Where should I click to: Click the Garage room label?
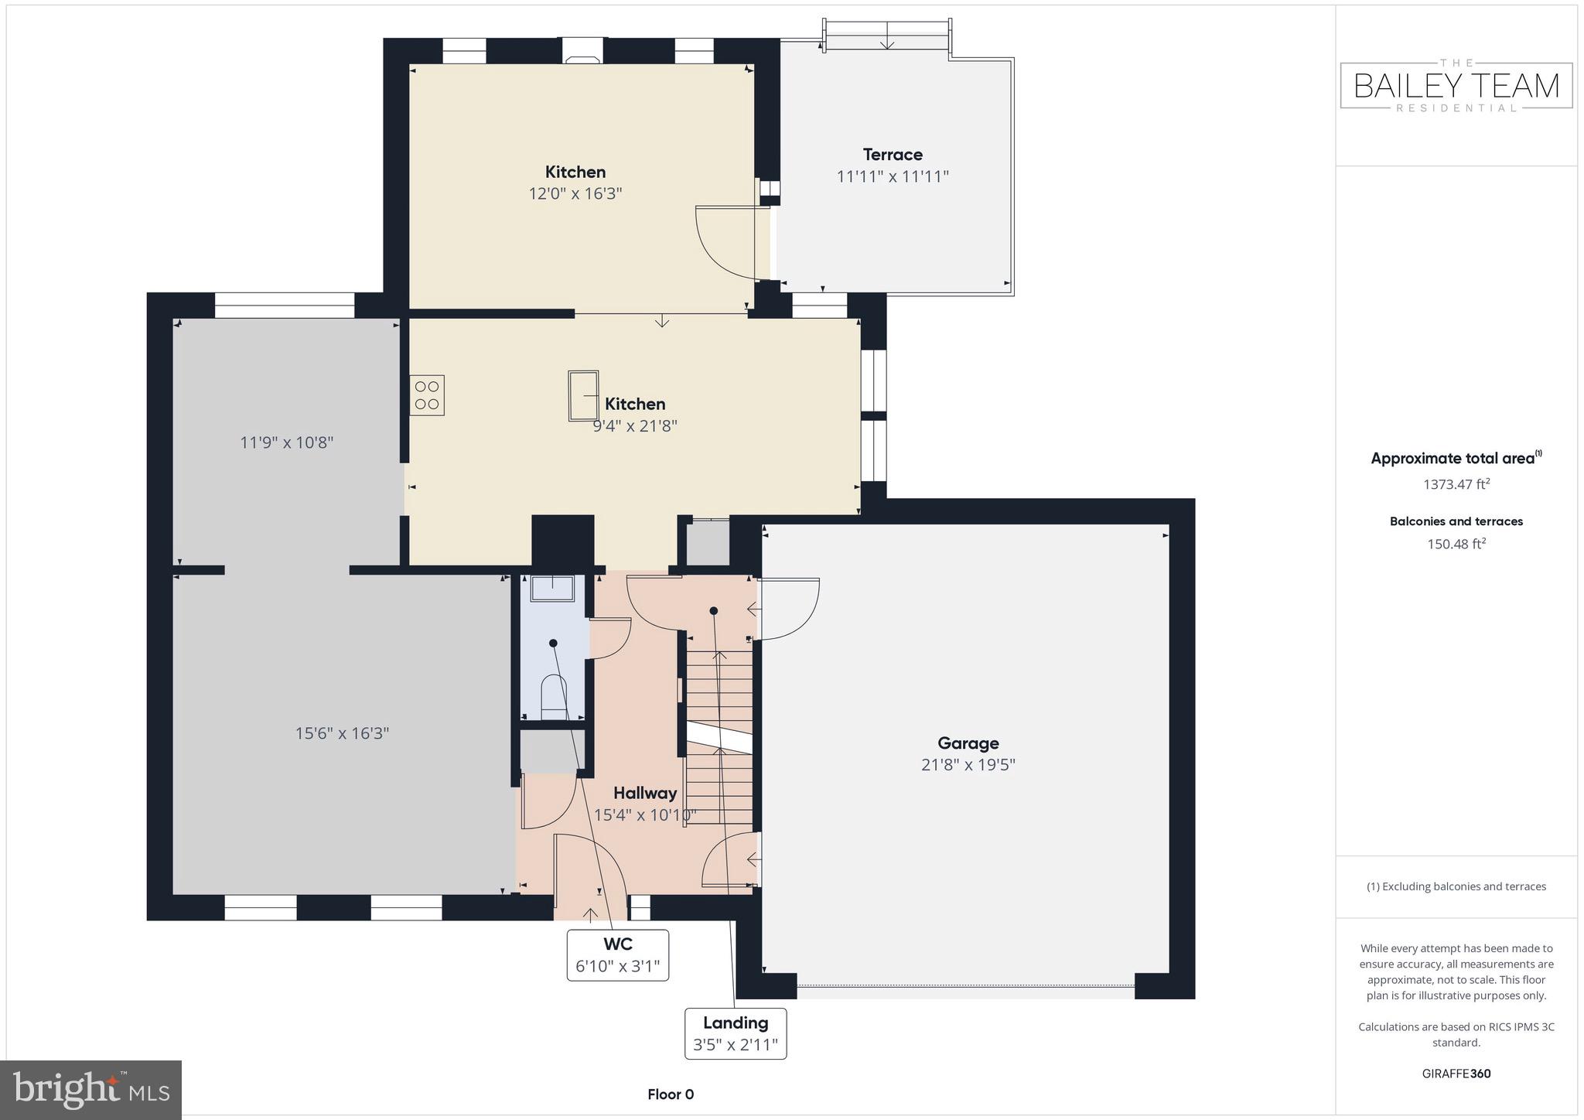968,743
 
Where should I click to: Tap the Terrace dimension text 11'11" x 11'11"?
893,176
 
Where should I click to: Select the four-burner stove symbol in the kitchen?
427,395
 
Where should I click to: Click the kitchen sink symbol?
583,395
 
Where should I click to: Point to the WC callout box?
617,955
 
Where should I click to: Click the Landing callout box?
735,1033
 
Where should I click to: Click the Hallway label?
645,793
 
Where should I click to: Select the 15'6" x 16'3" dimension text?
342,733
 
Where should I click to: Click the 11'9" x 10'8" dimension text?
286,442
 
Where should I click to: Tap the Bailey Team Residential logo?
1456,86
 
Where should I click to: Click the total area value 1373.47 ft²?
1456,484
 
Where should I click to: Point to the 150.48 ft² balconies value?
1456,544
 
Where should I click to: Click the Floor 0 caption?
671,1094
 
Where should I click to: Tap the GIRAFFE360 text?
1456,1074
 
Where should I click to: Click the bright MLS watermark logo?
90,1090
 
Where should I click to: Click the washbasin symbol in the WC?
552,588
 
